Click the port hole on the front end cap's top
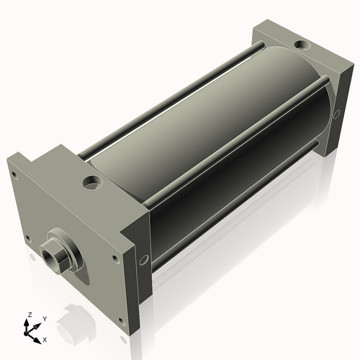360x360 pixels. [x=92, y=182]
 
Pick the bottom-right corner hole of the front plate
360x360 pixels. [x=122, y=321]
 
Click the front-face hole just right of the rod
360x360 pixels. [x=115, y=259]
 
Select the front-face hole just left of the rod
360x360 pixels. [x=28, y=238]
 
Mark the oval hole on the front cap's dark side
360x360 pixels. [x=144, y=260]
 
